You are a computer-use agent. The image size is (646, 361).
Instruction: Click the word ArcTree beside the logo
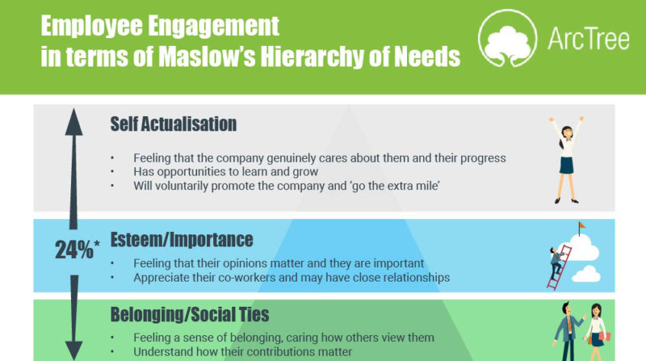pyautogui.click(x=588, y=37)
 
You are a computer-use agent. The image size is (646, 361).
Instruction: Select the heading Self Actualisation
pyautogui.click(x=173, y=124)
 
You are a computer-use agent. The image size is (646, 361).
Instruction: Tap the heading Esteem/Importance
pyautogui.click(x=182, y=240)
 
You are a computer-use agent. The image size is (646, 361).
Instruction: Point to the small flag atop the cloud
pyautogui.click(x=582, y=227)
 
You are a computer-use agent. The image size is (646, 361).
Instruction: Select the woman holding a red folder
pyautogui.click(x=595, y=334)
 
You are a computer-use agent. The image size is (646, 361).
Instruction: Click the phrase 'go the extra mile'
pyautogui.click(x=405, y=185)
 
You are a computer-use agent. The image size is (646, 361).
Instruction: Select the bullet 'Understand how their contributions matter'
pyautogui.click(x=243, y=352)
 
